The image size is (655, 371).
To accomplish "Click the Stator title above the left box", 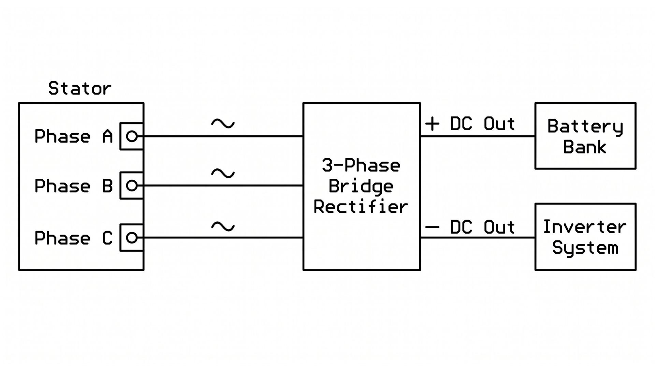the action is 80,88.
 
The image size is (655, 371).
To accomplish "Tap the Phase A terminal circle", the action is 132,136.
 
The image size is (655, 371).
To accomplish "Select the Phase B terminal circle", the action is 132,185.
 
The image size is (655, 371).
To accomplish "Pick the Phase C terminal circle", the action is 132,238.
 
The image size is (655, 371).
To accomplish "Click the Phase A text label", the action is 74,136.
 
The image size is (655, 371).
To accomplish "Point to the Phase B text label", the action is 74,186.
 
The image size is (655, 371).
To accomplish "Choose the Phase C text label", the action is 74,238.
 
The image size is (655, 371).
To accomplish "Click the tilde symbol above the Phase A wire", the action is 223,123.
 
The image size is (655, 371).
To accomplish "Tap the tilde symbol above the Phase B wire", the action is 223,174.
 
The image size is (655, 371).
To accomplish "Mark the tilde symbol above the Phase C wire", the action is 223,226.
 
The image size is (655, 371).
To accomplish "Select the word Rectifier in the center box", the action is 361,207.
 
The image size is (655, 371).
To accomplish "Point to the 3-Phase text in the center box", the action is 361,165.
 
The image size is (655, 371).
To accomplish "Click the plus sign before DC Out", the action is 432,124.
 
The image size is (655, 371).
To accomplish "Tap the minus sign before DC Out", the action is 432,227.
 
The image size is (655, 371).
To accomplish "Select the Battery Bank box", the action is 585,136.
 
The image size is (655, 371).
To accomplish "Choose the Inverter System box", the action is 585,237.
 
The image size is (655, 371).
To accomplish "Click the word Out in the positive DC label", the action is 499,124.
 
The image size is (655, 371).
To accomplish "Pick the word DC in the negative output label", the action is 461,227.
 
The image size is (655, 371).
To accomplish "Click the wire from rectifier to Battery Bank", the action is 478,136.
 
